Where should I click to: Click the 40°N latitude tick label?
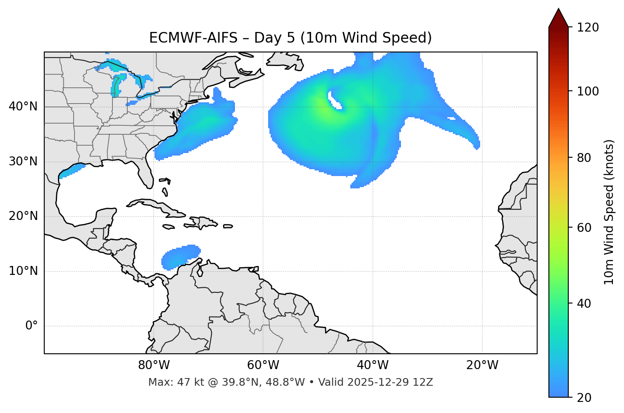coord(23,107)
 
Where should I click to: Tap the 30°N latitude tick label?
coord(23,162)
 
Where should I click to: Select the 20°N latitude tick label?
coord(23,216)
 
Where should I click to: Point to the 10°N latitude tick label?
coord(23,271)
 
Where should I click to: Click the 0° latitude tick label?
coord(31,326)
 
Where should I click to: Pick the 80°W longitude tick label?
coord(154,365)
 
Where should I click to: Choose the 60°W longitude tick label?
coord(263,365)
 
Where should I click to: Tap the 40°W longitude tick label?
coord(372,365)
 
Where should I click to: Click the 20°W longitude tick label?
coord(482,365)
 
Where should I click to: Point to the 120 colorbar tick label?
coord(588,28)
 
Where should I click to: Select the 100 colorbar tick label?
coord(588,91)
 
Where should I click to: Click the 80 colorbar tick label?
coord(584,158)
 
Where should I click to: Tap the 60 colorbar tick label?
coord(584,228)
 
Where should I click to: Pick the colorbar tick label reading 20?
coord(584,398)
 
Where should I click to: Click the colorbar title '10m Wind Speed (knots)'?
coord(609,212)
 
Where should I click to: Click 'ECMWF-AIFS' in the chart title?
coord(193,38)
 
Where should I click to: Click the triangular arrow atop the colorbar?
coord(558,18)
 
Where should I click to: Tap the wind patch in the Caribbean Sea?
coord(181,257)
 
